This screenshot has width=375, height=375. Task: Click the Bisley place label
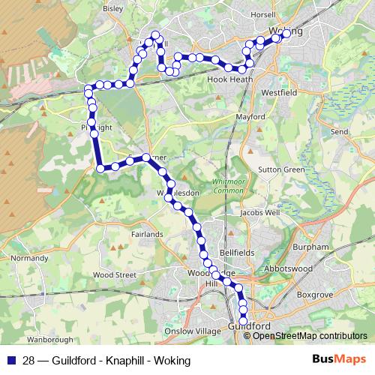pos(112,10)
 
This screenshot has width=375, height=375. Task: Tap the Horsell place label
pos(263,14)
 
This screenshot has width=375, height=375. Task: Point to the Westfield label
pos(280,92)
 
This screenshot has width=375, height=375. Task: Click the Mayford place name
pos(250,118)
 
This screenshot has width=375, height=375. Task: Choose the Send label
pos(340,131)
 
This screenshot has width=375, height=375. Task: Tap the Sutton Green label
pos(282,169)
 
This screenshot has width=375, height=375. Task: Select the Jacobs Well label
pos(260,213)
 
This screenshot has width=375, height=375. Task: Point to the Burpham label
pos(312,246)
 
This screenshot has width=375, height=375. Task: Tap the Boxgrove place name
pos(313,295)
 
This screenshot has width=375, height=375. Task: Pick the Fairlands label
pos(147,234)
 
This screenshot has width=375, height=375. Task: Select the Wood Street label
pos(115,274)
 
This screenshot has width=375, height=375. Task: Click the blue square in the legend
pos(10,360)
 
